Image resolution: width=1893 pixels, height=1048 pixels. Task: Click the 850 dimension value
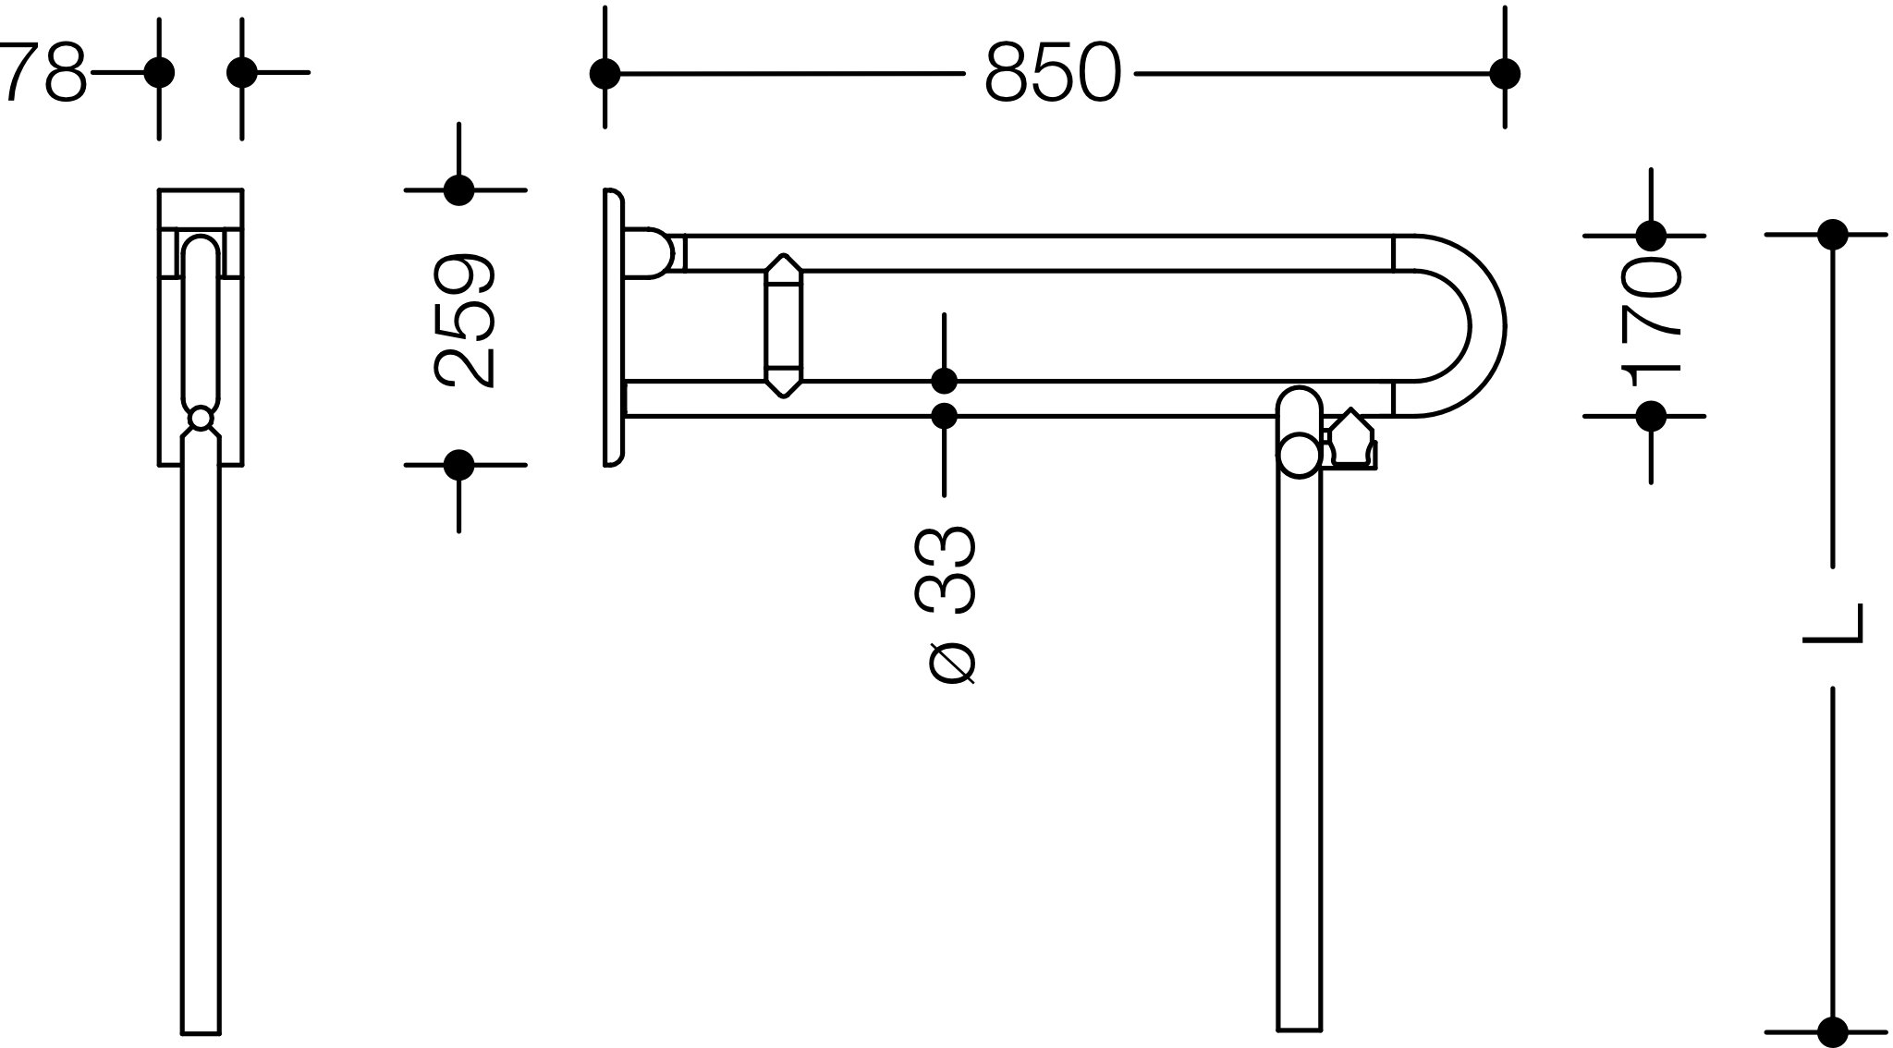click(1052, 73)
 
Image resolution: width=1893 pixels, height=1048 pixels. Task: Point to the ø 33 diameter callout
click(945, 606)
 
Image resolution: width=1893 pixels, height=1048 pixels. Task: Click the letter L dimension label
click(1832, 625)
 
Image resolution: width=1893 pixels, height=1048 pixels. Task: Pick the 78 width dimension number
click(44, 71)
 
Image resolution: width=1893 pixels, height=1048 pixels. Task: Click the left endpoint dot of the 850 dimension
click(605, 73)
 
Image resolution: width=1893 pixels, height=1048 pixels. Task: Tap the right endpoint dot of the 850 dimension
click(1505, 73)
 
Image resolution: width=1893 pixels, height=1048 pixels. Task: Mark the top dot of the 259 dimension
click(458, 190)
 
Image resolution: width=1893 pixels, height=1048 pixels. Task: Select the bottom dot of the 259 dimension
click(458, 465)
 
